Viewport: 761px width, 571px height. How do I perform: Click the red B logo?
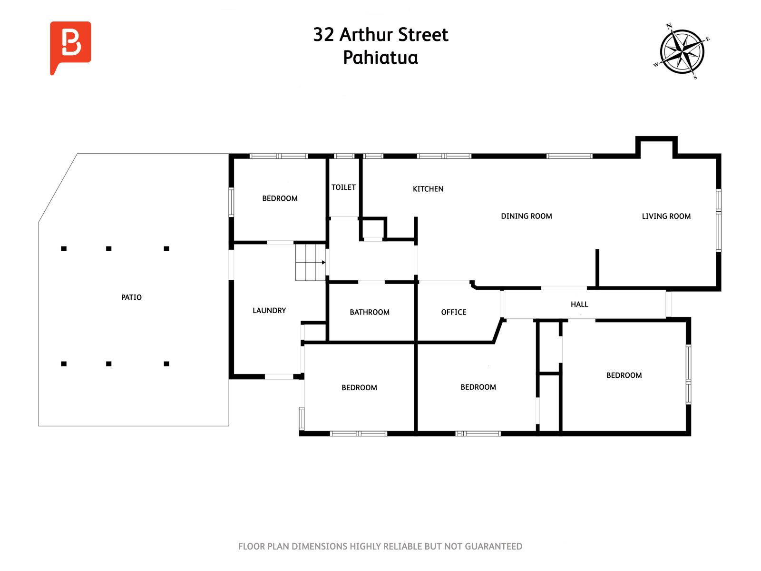pyautogui.click(x=70, y=47)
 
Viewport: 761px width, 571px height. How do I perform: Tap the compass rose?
pyautogui.click(x=682, y=51)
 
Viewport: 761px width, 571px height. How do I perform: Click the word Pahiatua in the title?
pyautogui.click(x=380, y=58)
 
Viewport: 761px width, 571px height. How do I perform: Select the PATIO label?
pyautogui.click(x=131, y=297)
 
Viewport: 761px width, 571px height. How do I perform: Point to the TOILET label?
pyautogui.click(x=343, y=187)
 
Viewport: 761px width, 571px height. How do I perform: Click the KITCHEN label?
pyautogui.click(x=428, y=189)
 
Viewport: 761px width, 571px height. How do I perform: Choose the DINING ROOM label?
pyautogui.click(x=527, y=216)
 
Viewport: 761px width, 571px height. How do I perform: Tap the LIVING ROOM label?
pyautogui.click(x=666, y=216)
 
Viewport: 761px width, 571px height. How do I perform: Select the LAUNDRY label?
pyautogui.click(x=269, y=310)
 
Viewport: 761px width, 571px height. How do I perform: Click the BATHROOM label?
pyautogui.click(x=370, y=312)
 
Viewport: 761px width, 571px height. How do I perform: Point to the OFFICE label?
pyautogui.click(x=453, y=312)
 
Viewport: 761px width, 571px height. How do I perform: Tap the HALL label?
pyautogui.click(x=579, y=304)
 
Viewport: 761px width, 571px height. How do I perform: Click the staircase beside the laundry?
pyautogui.click(x=310, y=262)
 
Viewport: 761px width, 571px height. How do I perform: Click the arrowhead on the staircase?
pyautogui.click(x=323, y=263)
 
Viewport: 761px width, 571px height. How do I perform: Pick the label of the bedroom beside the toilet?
pyautogui.click(x=280, y=198)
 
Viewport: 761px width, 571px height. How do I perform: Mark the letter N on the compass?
pyautogui.click(x=669, y=25)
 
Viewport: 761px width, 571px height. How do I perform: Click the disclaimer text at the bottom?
pyautogui.click(x=380, y=546)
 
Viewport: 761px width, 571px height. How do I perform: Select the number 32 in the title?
pyautogui.click(x=323, y=35)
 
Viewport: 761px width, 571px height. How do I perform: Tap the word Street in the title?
pyautogui.click(x=423, y=35)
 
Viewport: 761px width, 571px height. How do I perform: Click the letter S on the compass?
pyautogui.click(x=695, y=77)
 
